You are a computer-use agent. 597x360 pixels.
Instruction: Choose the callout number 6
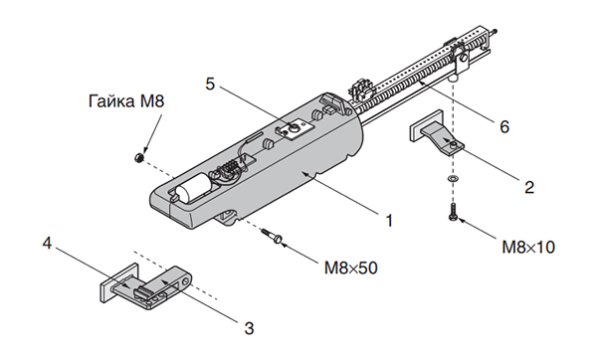[503, 127]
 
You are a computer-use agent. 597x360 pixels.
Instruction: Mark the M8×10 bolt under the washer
[454, 210]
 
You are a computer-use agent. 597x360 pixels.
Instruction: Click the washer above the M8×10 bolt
[454, 177]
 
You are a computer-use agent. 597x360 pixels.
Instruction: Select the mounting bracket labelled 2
[438, 138]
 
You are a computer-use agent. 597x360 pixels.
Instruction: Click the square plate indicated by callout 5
[296, 128]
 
